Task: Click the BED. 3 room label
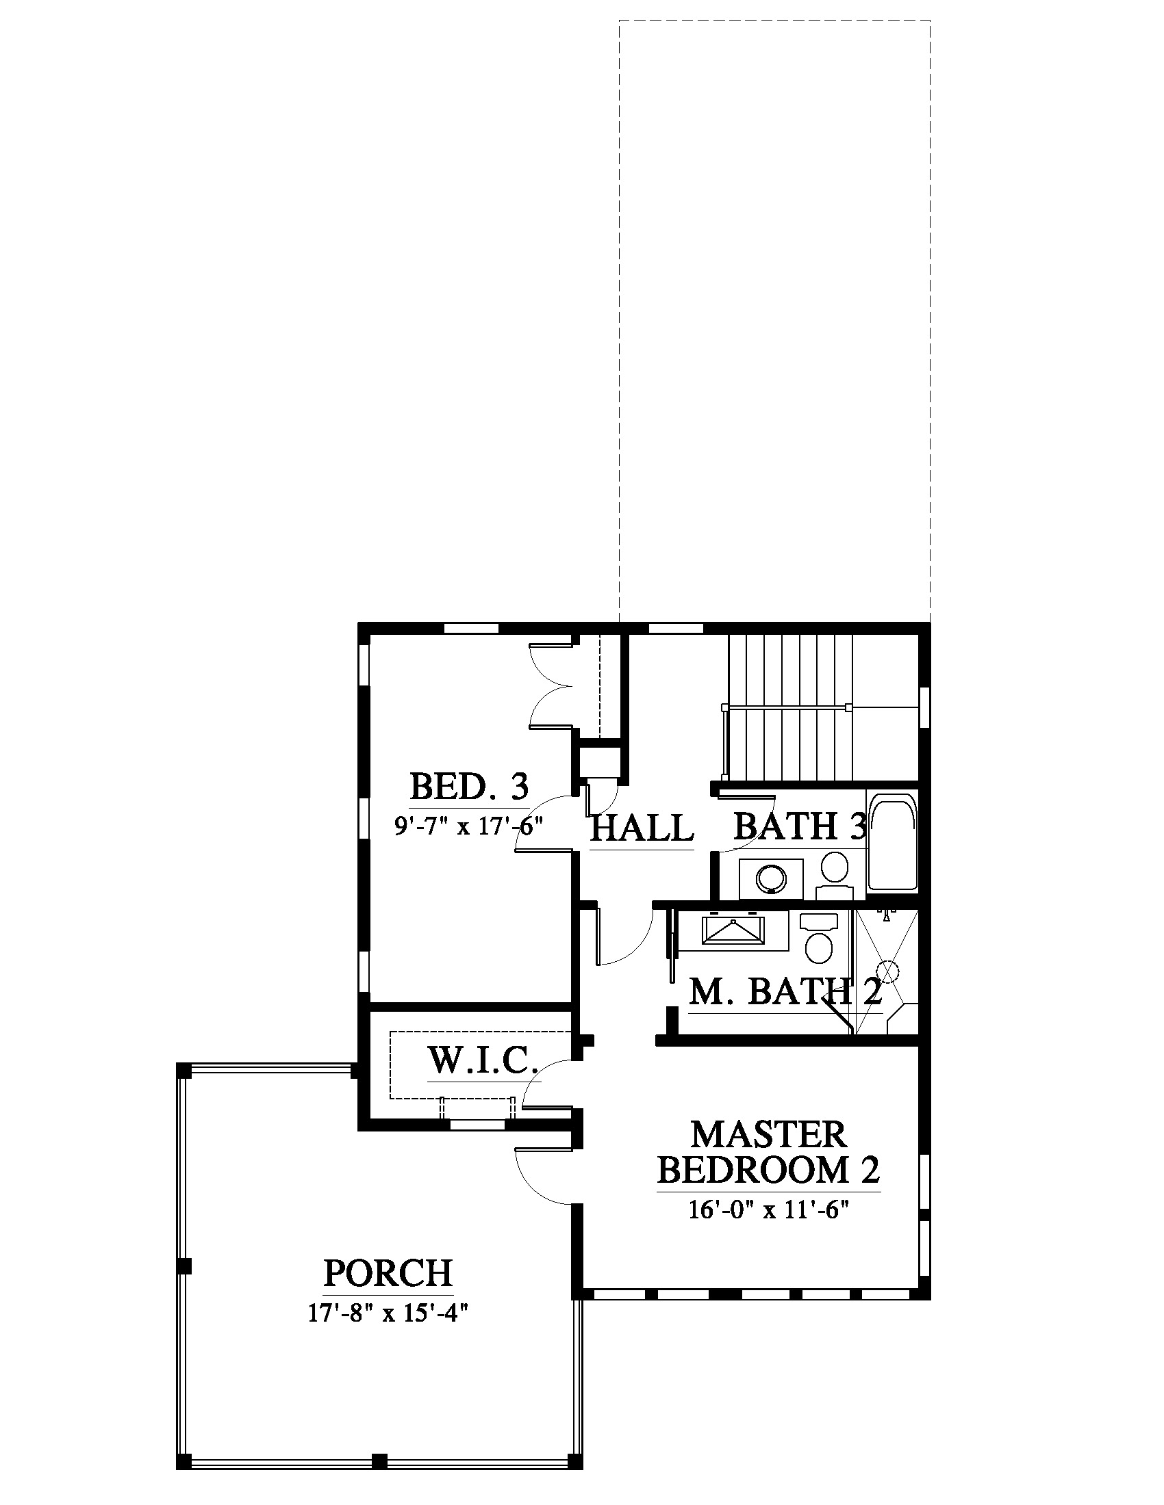(469, 785)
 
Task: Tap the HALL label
(642, 828)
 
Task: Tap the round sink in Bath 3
(771, 878)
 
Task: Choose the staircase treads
(791, 708)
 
